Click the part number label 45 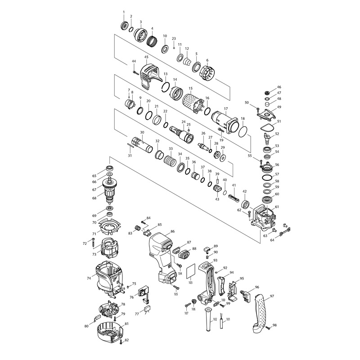146,57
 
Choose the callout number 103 190,283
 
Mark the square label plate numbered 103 191,271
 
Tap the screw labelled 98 267,328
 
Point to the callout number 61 277,207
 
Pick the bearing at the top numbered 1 125,25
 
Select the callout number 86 173,231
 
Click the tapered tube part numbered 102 208,319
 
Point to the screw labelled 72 93,243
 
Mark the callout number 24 184,121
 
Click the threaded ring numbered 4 152,40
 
